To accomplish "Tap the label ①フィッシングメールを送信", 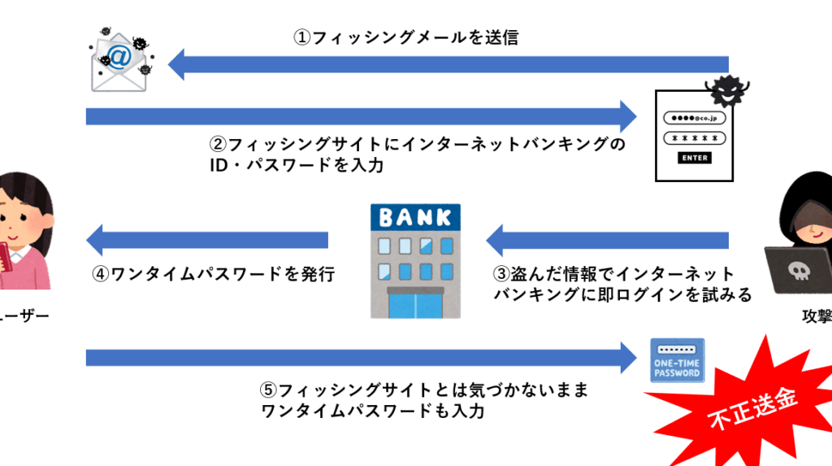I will (405, 37).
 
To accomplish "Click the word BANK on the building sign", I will (414, 217).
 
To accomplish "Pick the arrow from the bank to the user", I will (207, 240).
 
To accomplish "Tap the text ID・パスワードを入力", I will (296, 166).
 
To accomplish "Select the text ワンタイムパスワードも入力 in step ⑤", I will (373, 412).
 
